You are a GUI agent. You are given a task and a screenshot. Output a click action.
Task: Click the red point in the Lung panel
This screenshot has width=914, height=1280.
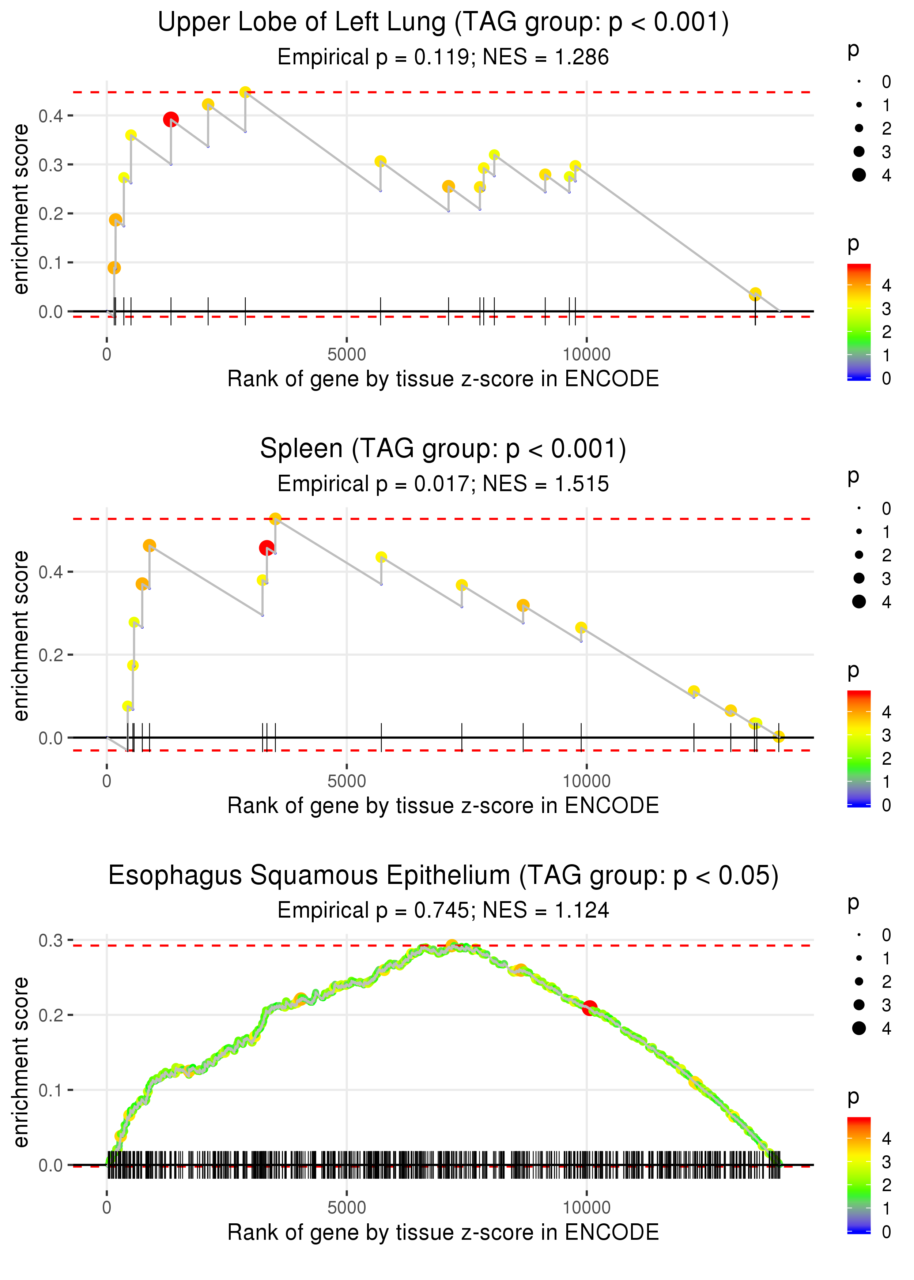coord(171,119)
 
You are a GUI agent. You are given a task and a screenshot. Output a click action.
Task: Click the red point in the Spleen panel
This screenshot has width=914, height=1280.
coord(267,548)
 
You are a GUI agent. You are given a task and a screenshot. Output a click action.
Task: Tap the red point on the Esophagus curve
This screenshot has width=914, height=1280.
coord(589,1008)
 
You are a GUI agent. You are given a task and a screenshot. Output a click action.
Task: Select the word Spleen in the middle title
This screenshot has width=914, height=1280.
coord(301,449)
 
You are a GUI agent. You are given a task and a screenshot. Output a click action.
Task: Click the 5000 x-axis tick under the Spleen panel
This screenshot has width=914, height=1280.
coord(347,781)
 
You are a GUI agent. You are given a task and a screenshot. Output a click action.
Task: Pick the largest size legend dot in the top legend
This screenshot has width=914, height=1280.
coord(859,175)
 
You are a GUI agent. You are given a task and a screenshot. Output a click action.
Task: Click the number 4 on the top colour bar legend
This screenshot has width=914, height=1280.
coord(887,285)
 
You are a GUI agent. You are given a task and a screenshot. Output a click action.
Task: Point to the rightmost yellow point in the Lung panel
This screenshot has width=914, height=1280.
coord(755,294)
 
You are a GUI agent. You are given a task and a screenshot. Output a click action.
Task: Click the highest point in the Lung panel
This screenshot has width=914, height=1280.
coord(245,92)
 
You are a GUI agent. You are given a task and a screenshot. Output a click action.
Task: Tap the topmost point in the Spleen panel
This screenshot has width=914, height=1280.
coord(275,519)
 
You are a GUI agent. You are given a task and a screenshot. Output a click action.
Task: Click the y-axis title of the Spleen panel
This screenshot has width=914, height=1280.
coord(21,636)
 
